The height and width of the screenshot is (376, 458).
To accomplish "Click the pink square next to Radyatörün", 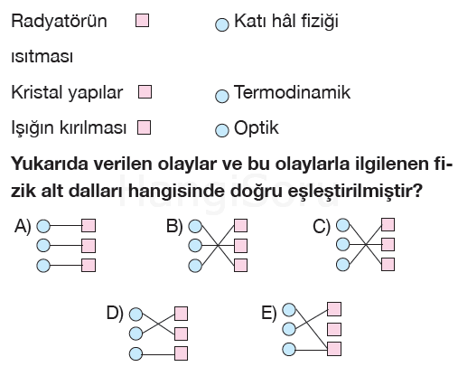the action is pos(142,21).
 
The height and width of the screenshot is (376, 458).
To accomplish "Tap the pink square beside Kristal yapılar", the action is pos(145,92).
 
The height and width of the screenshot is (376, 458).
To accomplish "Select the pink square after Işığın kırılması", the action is pos(144,127).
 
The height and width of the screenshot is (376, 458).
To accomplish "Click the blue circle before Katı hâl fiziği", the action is pos(222,24).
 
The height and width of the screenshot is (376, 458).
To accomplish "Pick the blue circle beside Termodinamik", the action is pos(222,96).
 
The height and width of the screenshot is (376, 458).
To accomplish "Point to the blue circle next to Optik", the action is pos(222,130).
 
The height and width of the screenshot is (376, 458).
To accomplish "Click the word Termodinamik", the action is pos(292,92).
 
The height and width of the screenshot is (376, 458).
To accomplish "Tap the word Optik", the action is pos(257,128).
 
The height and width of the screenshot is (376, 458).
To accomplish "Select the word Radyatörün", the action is pos(59,21).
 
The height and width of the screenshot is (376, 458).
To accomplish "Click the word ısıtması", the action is pos(42,57).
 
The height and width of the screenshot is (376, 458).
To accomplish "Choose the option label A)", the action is pos(23,226).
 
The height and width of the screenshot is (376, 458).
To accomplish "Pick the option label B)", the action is pos(174,226).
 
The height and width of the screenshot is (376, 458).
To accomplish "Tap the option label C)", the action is pos(322,226).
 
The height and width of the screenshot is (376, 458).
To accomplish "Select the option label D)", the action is pos(115,313).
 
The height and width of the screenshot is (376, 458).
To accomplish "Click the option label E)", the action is pos(268,313).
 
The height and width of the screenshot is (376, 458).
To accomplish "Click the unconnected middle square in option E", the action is pos(334,329).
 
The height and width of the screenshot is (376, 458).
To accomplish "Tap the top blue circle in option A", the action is pos(43,226).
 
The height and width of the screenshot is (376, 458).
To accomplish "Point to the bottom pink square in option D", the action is pos(181,353).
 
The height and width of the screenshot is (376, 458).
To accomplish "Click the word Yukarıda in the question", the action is pos(50,164).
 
